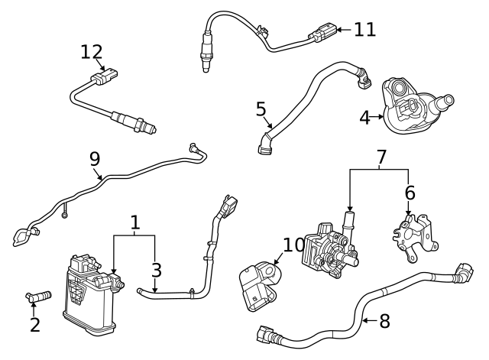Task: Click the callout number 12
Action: point(91,51)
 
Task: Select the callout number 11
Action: point(364,30)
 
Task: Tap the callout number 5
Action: point(261,109)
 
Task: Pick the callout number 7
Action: point(381,157)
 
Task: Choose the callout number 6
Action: point(410,194)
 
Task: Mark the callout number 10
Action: point(293,245)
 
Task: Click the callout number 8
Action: point(384,321)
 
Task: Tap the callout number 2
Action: point(34,324)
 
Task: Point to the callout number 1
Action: point(134,223)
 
